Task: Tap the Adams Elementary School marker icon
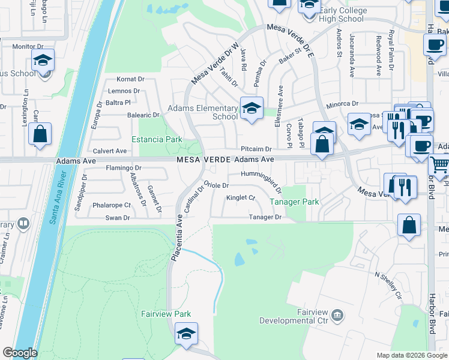(252, 109)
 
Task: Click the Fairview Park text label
(166, 314)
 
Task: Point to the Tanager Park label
(294, 202)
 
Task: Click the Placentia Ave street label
(177, 238)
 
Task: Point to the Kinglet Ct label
(241, 198)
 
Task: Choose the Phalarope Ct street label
(112, 205)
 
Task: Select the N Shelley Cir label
(388, 285)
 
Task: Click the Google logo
(19, 353)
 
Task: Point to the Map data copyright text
(411, 355)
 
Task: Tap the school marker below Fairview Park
(186, 334)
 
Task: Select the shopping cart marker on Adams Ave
(440, 164)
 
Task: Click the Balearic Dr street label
(143, 115)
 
